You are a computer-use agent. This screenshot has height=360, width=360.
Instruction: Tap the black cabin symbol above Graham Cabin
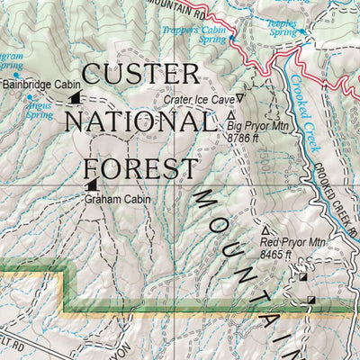click(92, 185)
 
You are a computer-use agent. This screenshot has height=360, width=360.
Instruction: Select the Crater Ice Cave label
click(198, 99)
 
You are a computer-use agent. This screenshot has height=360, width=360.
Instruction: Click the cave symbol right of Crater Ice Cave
click(240, 97)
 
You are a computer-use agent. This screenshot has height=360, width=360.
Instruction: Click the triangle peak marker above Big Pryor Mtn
click(232, 115)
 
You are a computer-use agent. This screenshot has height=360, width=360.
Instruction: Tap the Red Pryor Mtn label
click(292, 242)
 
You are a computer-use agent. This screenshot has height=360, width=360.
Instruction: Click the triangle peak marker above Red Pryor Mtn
click(265, 230)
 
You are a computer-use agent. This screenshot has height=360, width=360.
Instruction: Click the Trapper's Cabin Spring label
click(194, 34)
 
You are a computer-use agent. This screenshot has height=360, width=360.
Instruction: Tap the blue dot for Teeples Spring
click(304, 32)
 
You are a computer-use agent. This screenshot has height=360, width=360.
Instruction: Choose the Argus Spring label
click(40, 110)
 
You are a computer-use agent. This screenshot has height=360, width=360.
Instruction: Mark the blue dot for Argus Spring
click(30, 97)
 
